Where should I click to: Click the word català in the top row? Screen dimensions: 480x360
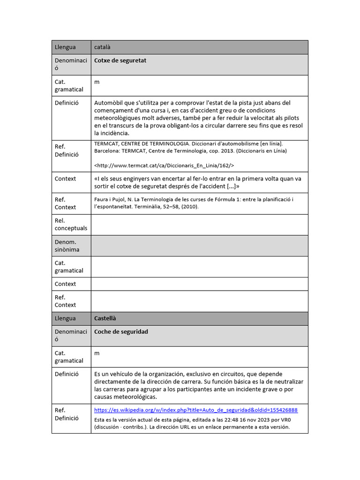coord(102,47)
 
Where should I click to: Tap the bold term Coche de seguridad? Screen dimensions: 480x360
coord(121,332)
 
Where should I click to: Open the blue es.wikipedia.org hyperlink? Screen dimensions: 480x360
coord(195,410)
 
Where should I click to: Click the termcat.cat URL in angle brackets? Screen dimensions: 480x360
coord(164,165)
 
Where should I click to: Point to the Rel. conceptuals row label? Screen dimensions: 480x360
coord(71,225)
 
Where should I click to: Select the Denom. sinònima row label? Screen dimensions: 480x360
coord(67,246)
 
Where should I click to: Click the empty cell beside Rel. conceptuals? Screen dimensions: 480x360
coord(199,225)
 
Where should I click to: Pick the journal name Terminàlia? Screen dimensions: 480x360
coord(132,207)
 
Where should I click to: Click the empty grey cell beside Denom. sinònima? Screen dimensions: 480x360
coord(199,246)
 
